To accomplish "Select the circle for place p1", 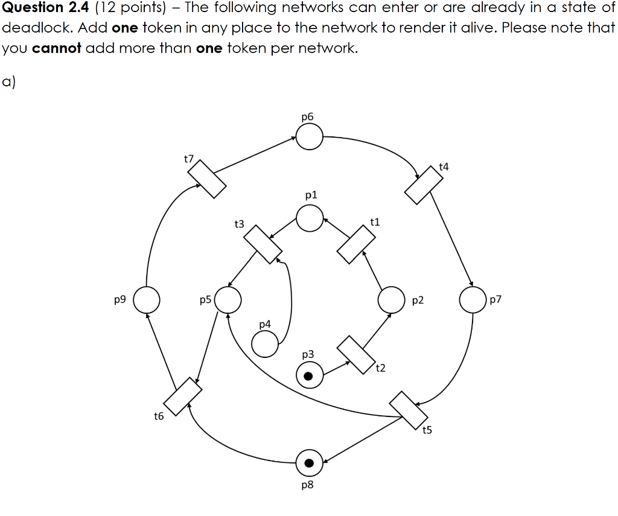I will tap(310, 218).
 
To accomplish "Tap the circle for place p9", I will tap(146, 300).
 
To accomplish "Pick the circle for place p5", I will tap(228, 299).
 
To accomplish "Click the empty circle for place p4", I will tap(264, 344).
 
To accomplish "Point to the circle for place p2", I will tap(391, 300).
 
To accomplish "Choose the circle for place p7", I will tap(473, 300).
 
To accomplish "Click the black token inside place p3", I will tap(309, 377).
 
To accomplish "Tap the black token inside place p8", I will tap(309, 463).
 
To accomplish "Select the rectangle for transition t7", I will tap(206, 179).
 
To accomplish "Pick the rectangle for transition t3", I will tap(263, 244).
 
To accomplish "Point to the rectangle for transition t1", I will tap(356, 244).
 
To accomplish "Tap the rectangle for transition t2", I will tap(356, 354).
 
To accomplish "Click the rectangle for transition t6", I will tap(182, 396).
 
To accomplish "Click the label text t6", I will tap(159, 416).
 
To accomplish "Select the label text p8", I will tap(307, 485).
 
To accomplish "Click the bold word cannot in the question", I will tap(57, 48).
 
